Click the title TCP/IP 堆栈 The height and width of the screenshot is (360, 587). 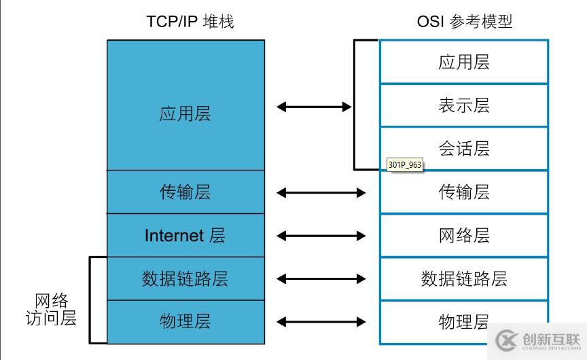pyautogui.click(x=190, y=22)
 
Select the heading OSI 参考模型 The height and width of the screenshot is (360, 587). pyautogui.click(x=464, y=22)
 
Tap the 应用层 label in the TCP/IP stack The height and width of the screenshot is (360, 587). pyautogui.click(x=185, y=113)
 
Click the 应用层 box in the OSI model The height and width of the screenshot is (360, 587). pyautogui.click(x=463, y=62)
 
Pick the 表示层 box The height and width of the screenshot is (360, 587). pyautogui.click(x=463, y=105)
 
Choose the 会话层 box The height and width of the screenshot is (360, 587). pyautogui.click(x=463, y=149)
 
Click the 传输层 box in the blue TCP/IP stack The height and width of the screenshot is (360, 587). pyautogui.click(x=185, y=192)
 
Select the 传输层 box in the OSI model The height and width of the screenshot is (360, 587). pyautogui.click(x=463, y=192)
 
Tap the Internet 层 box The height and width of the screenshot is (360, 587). pyautogui.click(x=185, y=236)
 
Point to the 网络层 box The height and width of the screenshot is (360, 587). pyautogui.click(x=463, y=236)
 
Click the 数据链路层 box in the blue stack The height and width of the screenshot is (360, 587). pyautogui.click(x=185, y=278)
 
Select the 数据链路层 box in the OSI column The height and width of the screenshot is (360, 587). pyautogui.click(x=463, y=278)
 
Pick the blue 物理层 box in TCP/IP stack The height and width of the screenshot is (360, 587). pyautogui.click(x=185, y=322)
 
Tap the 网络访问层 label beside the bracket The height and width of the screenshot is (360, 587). pyautogui.click(x=51, y=310)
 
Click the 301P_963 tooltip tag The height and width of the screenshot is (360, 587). pyautogui.click(x=404, y=165)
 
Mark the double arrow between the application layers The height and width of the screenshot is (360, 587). pyautogui.click(x=314, y=107)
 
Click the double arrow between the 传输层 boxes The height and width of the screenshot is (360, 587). pyautogui.click(x=321, y=193)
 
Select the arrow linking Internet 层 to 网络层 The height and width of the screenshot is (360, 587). pyautogui.click(x=321, y=236)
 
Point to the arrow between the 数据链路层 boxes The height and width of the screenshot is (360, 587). pyautogui.click(x=321, y=278)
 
